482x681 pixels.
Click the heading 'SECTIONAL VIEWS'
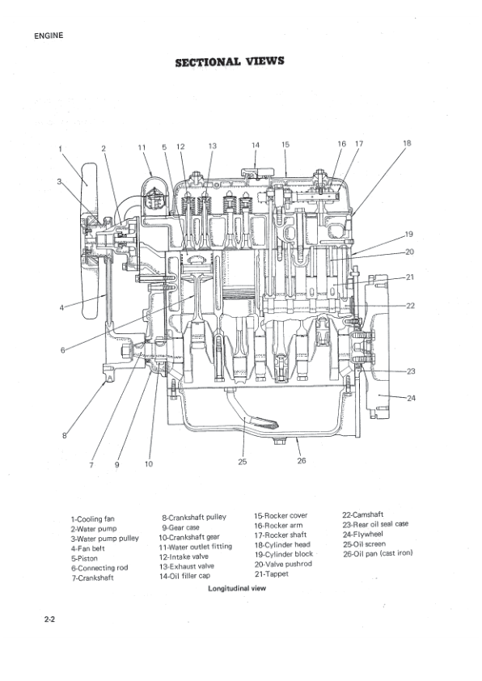pyautogui.click(x=230, y=63)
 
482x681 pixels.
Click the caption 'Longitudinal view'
pyautogui.click(x=237, y=589)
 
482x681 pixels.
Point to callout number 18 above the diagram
pyautogui.click(x=406, y=143)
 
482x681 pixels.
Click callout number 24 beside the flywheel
pyautogui.click(x=411, y=397)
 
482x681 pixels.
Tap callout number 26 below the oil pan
pyautogui.click(x=302, y=462)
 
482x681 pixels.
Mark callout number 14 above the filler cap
pyautogui.click(x=255, y=146)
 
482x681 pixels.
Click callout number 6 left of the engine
pyautogui.click(x=62, y=350)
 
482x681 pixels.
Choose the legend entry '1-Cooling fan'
pyautogui.click(x=92, y=518)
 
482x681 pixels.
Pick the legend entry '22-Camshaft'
pyautogui.click(x=362, y=514)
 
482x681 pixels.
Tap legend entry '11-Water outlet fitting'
pyautogui.click(x=195, y=546)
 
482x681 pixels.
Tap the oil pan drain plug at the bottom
pyautogui.click(x=280, y=441)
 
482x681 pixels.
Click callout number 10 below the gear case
pyautogui.click(x=148, y=464)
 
